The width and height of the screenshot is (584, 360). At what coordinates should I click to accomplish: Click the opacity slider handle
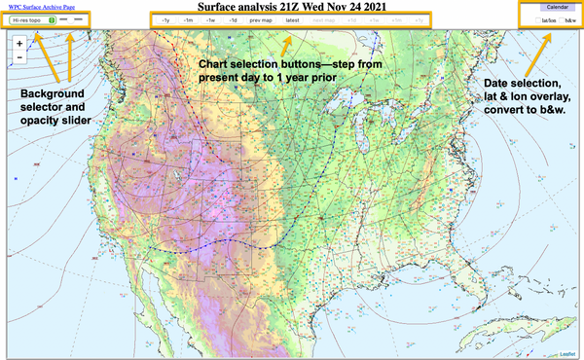(62, 18)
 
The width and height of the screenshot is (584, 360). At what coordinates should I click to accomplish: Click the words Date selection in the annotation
(517, 83)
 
